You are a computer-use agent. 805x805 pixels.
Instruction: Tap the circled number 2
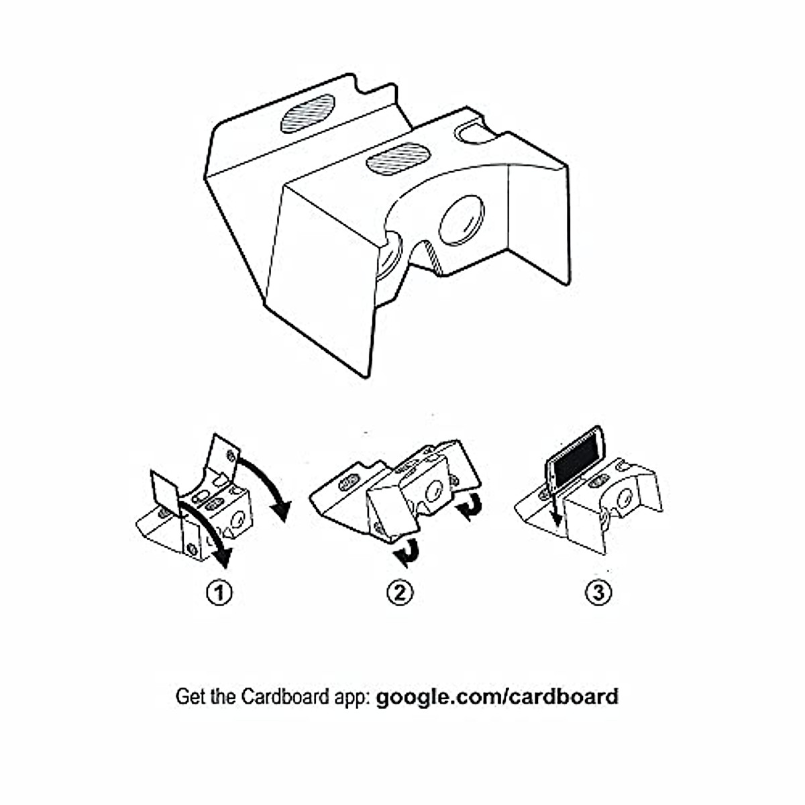click(400, 592)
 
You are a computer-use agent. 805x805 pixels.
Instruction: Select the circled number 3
click(599, 592)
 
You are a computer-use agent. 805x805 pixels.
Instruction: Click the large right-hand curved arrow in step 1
click(272, 483)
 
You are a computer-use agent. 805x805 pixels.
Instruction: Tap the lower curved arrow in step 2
click(407, 552)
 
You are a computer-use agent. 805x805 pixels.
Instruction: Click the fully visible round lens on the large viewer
click(462, 219)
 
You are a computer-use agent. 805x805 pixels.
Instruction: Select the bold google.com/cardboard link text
click(497, 696)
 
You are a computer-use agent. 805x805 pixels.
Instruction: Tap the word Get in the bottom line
click(187, 696)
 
